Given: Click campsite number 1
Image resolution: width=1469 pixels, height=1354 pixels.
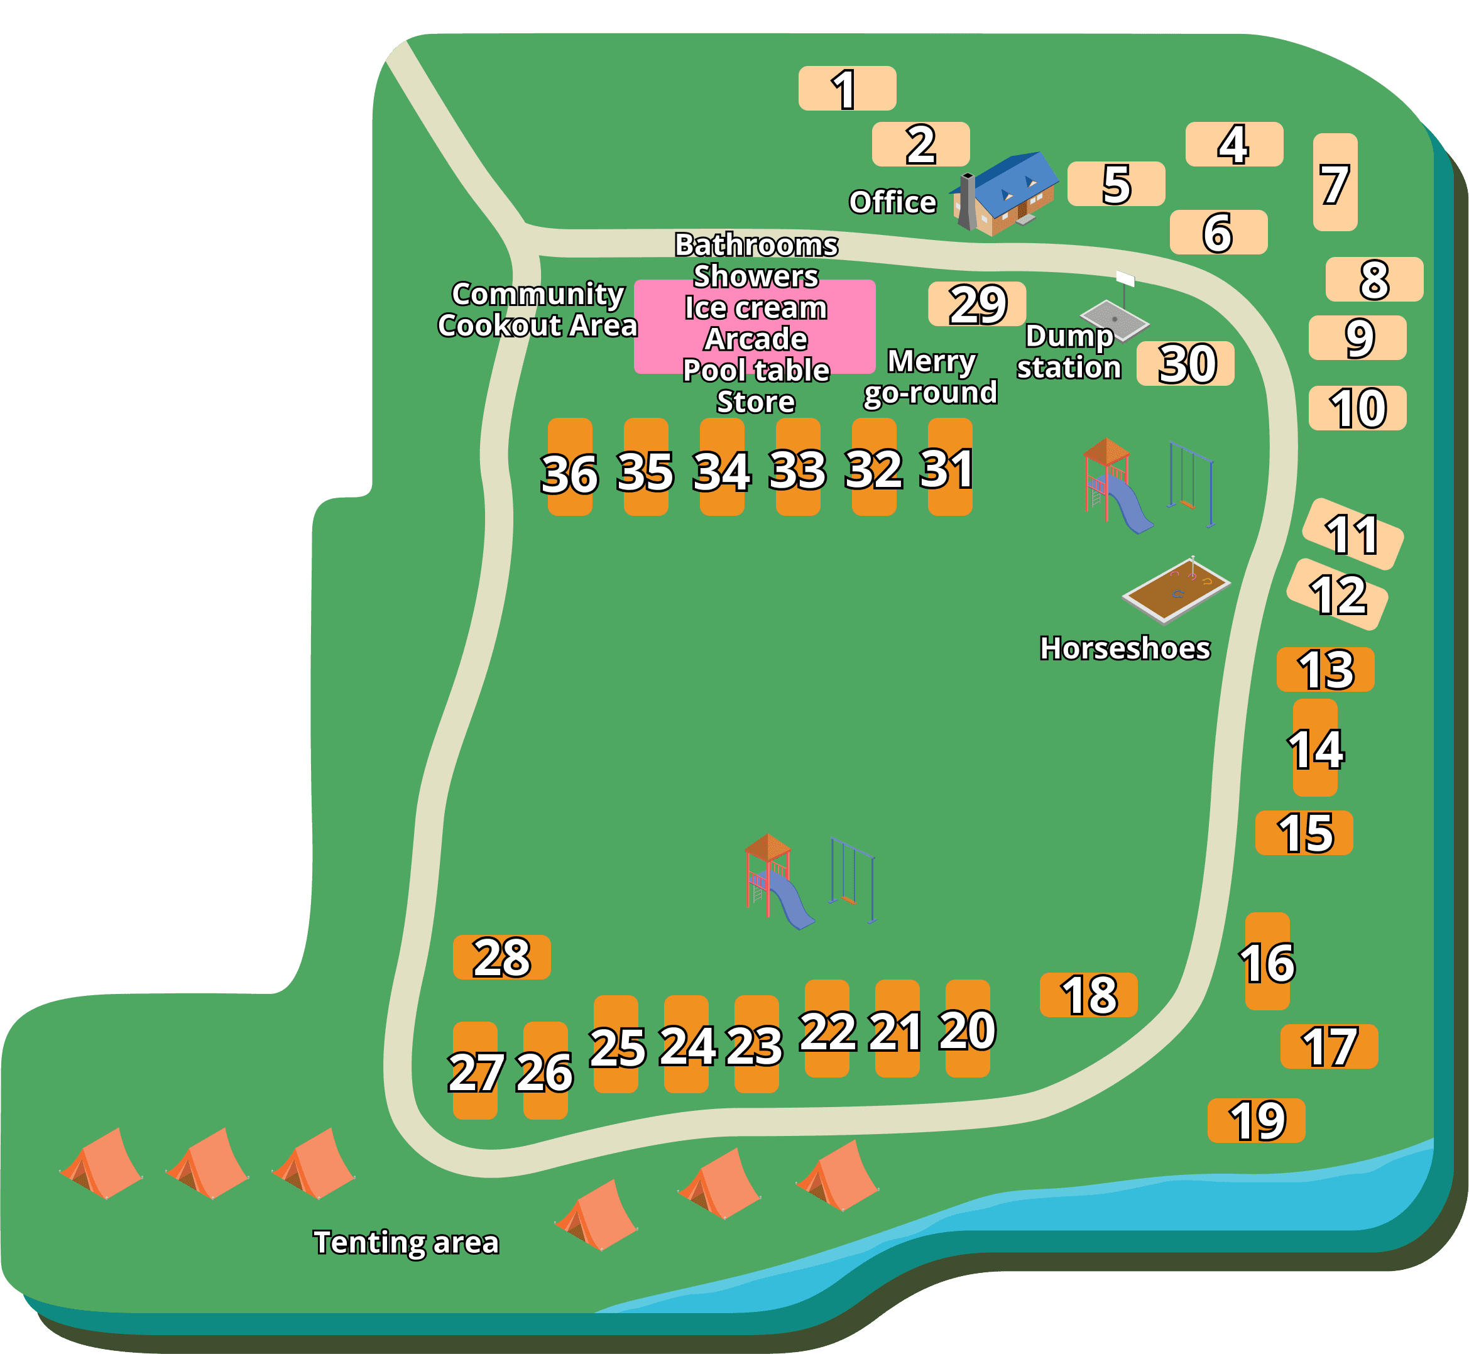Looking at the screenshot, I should click(x=847, y=89).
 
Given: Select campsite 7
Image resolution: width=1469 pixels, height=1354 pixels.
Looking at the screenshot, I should click(x=1335, y=182).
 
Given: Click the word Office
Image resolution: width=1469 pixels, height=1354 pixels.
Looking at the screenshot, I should click(x=892, y=202).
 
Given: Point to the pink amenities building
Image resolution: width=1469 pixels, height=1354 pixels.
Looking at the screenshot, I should click(x=755, y=326).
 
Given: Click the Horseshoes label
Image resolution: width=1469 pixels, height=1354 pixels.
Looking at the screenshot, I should click(x=1125, y=648).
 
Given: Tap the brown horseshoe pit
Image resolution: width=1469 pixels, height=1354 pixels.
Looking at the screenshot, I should click(x=1177, y=589).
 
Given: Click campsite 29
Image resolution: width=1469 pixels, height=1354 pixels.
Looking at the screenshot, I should click(x=976, y=304).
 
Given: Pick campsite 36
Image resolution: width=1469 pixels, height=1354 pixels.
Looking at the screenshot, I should click(x=570, y=467).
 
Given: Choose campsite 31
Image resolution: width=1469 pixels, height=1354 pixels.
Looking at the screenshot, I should click(x=949, y=467).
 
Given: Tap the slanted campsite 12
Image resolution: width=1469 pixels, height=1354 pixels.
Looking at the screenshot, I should click(x=1337, y=594).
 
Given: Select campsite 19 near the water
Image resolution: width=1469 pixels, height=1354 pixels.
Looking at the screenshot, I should click(x=1256, y=1120).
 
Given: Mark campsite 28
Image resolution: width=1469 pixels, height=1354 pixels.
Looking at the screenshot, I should click(x=501, y=957).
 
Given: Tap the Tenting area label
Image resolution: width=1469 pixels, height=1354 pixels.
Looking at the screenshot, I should click(x=406, y=1243).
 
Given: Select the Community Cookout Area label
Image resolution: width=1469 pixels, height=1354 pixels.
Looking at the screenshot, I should click(x=537, y=310).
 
